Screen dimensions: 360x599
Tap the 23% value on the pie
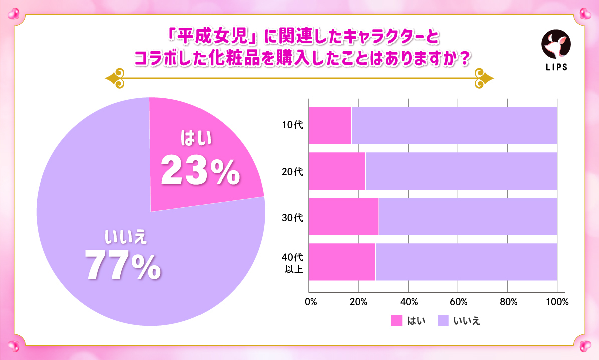coord(200,171)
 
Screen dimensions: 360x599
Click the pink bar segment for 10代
coord(330,125)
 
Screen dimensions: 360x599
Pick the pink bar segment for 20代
coord(337,171)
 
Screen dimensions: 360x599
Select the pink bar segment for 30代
coord(343,216)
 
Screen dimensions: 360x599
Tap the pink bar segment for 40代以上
coord(342,262)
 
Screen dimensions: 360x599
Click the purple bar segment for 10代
coord(454,125)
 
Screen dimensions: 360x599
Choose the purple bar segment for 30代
coord(468,216)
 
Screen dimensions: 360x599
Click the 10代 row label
coord(290,126)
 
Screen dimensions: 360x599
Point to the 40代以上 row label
coord(290,265)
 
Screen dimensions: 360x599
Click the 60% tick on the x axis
coord(459,302)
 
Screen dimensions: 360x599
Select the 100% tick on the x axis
coord(557,302)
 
